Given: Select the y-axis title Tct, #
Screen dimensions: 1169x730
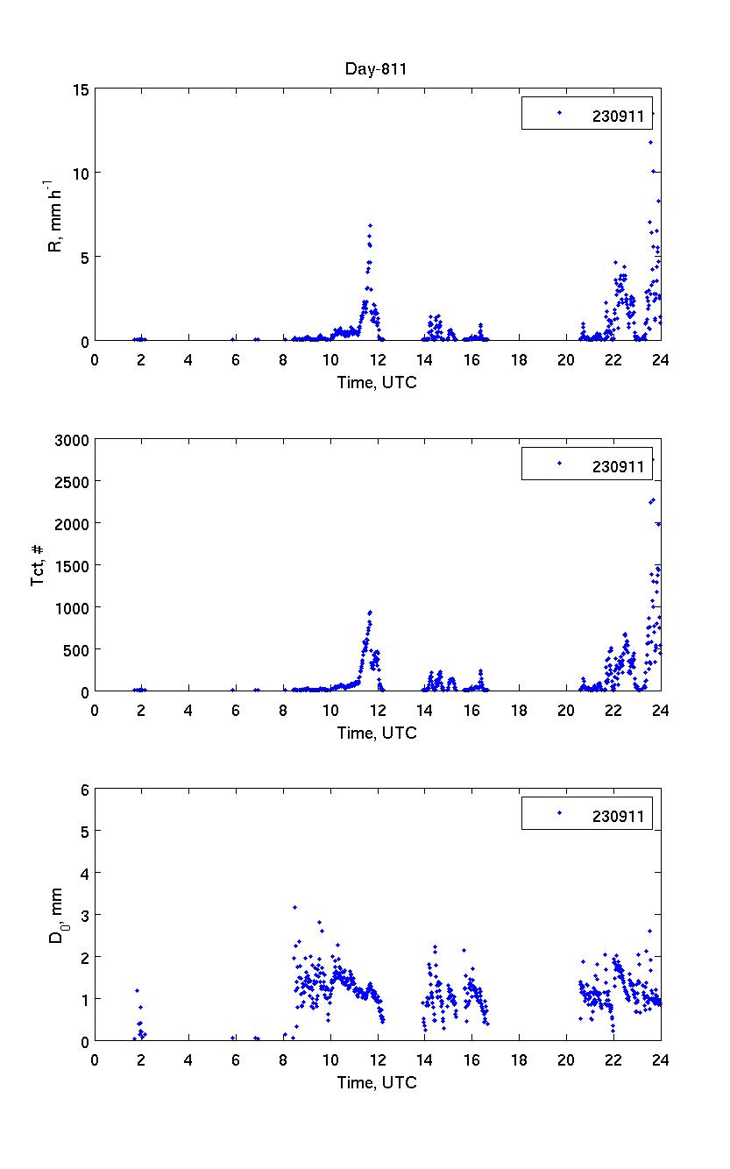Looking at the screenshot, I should coord(39,565).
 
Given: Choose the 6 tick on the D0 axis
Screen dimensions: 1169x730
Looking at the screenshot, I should coord(84,790).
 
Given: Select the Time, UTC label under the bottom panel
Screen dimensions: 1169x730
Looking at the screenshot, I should coord(377,1082).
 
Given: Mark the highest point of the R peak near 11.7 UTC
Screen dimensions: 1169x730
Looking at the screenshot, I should coord(370,226).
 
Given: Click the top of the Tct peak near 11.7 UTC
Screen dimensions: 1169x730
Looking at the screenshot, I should coord(370,612).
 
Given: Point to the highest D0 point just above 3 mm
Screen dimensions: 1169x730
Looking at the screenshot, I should coord(294,907).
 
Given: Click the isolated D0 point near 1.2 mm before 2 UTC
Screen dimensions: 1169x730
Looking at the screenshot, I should coord(137,990).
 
